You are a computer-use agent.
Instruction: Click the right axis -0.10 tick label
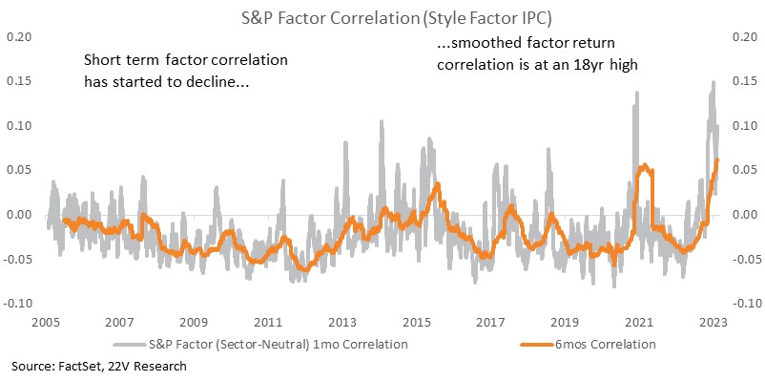click(x=745, y=304)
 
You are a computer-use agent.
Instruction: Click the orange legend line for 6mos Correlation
click(x=537, y=345)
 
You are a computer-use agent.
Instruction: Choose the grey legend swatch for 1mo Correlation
click(x=131, y=345)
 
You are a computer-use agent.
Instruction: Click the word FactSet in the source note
click(x=74, y=366)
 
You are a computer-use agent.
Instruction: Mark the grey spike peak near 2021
click(x=636, y=92)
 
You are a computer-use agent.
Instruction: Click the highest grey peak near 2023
click(x=713, y=82)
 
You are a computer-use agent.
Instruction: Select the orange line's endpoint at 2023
click(x=716, y=159)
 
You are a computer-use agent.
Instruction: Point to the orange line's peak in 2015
click(x=438, y=184)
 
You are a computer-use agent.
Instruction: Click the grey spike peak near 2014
click(x=381, y=120)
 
